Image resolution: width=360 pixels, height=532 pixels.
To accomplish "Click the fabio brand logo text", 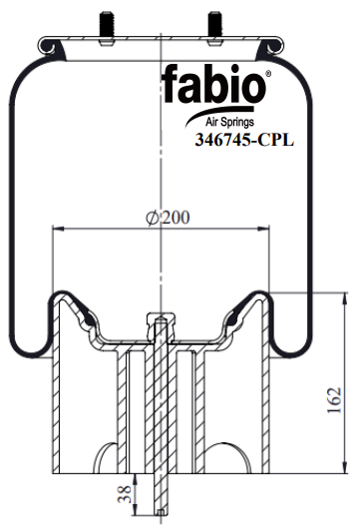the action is point(213,84).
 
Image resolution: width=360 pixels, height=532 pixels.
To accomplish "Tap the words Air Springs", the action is point(229,122).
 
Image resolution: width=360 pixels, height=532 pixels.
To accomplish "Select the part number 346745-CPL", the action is point(244,140).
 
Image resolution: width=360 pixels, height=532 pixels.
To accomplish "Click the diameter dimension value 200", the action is point(176,218).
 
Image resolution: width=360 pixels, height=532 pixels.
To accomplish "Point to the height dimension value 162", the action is point(334,400).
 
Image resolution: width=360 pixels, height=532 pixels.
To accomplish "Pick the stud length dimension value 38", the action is point(124,494).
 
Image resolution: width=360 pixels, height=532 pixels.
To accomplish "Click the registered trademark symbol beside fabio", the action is point(268,74).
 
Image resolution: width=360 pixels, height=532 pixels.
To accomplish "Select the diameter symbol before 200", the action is point(153,218).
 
